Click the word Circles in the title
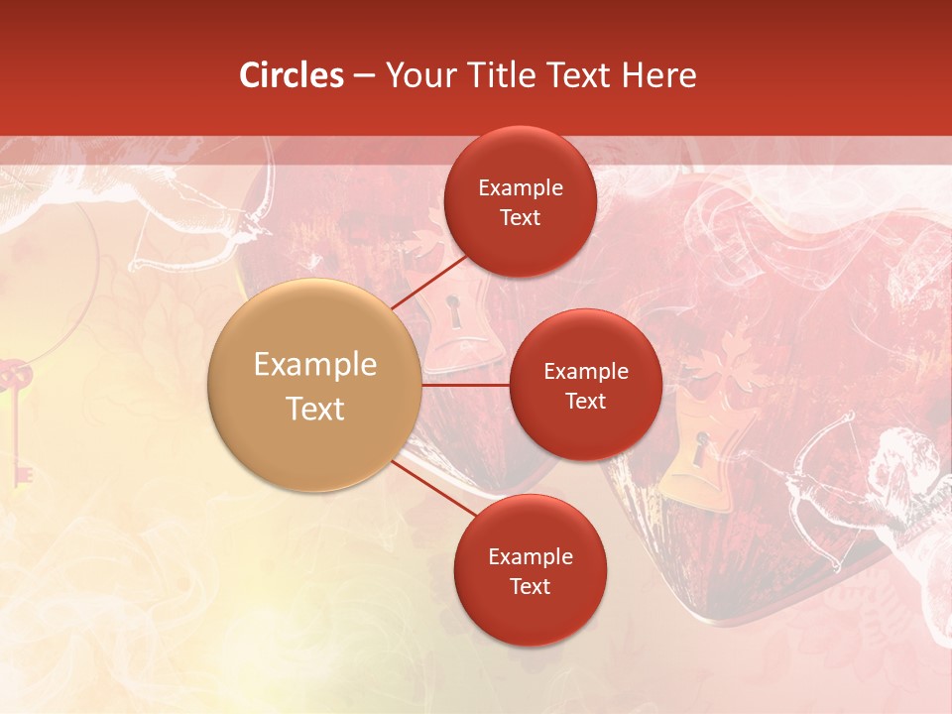pyautogui.click(x=292, y=75)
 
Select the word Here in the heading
pyautogui.click(x=659, y=75)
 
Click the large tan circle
pyautogui.click(x=315, y=385)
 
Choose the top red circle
pyautogui.click(x=520, y=201)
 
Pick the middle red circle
pyautogui.click(x=585, y=385)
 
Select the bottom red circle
pyautogui.click(x=530, y=570)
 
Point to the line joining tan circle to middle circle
pyautogui.click(x=465, y=385)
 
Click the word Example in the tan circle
pyautogui.click(x=315, y=364)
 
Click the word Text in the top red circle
pyautogui.click(x=520, y=217)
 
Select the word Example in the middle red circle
pyautogui.click(x=585, y=371)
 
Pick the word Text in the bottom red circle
pyautogui.click(x=530, y=586)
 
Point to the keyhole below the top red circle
pyautogui.click(x=453, y=311)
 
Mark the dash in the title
pyautogui.click(x=364, y=75)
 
